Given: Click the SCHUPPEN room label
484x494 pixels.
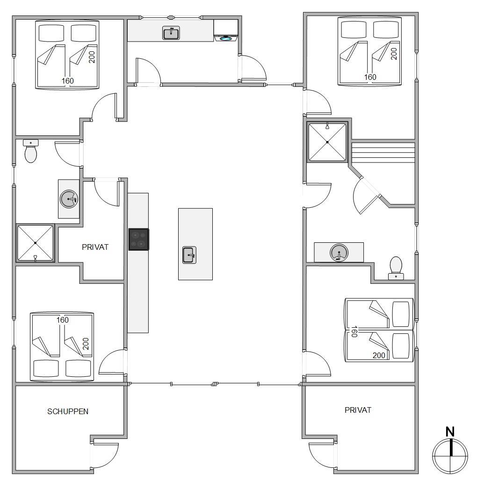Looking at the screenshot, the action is point(68,411).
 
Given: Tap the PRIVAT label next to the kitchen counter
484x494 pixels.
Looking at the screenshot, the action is point(95,247).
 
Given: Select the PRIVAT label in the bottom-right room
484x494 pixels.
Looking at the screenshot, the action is point(358,410).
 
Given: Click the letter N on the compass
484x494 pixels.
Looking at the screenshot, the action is point(450,431).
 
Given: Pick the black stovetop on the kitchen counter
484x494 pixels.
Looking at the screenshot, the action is point(138,240).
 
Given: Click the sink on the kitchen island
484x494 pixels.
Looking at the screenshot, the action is point(189,255).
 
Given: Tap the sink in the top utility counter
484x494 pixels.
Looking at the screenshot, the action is point(171,33).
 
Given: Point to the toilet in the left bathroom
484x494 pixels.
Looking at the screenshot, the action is point(30,151).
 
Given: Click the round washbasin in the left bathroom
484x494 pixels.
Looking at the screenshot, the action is point(69,199).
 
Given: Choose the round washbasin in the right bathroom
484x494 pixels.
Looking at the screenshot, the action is point(339,253).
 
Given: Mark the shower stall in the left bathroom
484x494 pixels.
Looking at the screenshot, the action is point(36,243).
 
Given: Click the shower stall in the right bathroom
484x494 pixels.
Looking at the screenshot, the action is point(327,142).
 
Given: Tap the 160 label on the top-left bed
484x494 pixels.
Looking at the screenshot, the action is point(67,81).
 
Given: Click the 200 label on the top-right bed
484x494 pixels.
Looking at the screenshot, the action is point(394,54).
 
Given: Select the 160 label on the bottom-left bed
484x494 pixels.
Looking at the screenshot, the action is point(63,320).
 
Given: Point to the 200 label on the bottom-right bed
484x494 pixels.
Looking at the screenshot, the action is point(379,355).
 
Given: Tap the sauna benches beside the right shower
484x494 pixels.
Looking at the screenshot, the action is point(383,153).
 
